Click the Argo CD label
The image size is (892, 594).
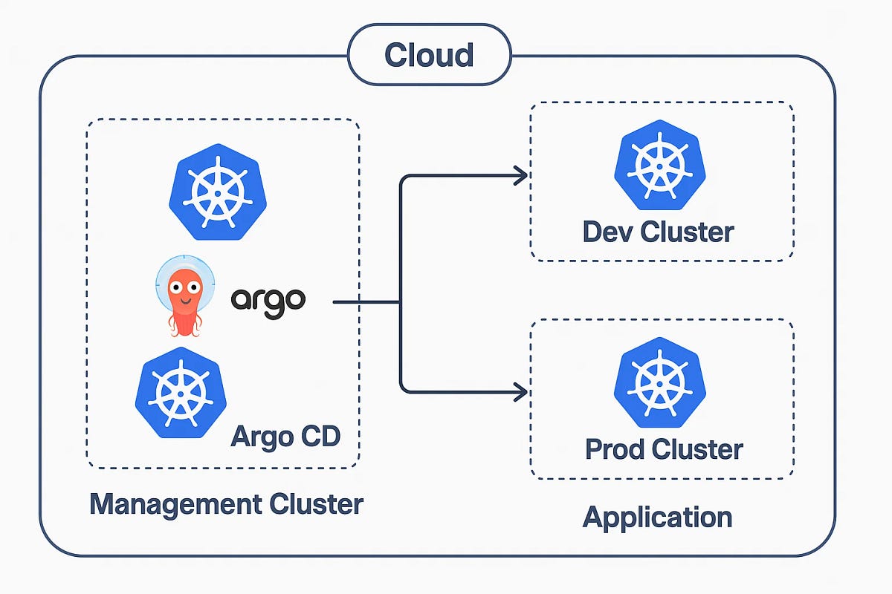coord(285,435)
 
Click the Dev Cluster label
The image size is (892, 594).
coord(658,232)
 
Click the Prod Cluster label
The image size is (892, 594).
coord(664,449)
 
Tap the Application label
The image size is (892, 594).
coord(658,517)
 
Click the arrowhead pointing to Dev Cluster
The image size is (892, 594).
coord(520,175)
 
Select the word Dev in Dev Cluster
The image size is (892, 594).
coord(608,232)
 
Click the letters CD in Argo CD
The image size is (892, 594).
coord(320,435)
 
